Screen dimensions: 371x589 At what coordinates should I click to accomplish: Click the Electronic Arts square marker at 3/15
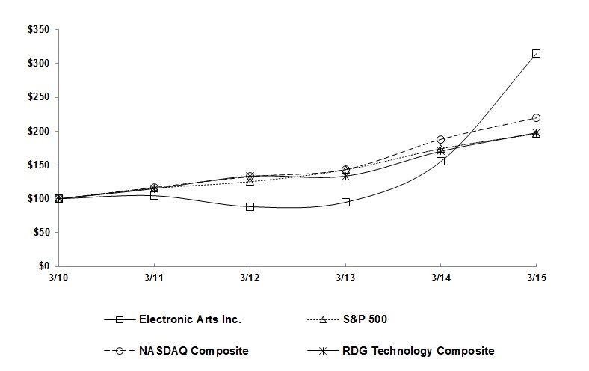[536, 54]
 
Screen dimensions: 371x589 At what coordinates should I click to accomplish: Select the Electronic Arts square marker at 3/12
[250, 206]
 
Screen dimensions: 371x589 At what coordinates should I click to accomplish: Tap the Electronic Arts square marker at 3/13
[345, 202]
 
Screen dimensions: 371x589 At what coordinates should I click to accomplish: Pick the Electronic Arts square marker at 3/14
[440, 161]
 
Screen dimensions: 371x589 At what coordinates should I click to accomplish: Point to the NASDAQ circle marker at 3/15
[536, 118]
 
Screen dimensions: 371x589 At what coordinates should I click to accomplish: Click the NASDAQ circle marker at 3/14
[440, 140]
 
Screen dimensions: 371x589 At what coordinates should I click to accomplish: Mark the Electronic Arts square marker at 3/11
[154, 195]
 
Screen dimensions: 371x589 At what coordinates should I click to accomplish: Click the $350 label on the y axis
[37, 29]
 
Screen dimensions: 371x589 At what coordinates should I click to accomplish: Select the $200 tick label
[37, 131]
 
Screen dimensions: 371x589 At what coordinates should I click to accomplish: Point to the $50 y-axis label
[40, 232]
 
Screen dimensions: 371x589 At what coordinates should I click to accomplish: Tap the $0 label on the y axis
[43, 266]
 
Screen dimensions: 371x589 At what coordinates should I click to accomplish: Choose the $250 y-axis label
[37, 97]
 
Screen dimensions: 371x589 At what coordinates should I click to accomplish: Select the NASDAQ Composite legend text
[194, 350]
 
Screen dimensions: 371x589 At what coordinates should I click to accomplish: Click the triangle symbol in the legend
[324, 319]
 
